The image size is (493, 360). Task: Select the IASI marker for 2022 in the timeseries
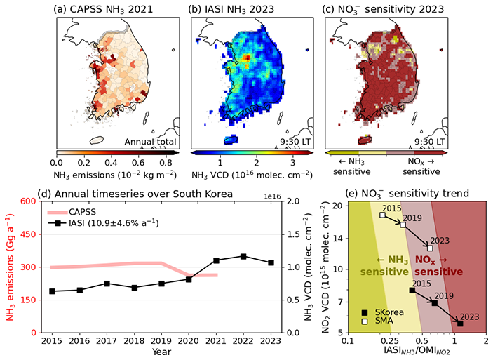(x=243, y=256)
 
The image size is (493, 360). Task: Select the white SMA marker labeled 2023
(x=430, y=248)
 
